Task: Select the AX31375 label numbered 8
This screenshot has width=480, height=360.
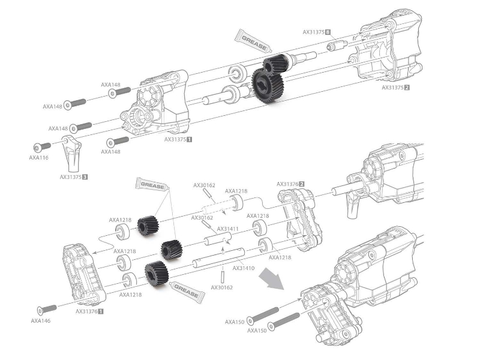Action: (x=317, y=32)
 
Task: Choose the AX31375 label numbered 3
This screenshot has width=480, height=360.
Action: (x=74, y=177)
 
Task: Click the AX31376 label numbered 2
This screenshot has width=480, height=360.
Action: (x=290, y=184)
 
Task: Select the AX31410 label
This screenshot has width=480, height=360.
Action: (x=243, y=268)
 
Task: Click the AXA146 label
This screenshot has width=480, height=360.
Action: (x=41, y=321)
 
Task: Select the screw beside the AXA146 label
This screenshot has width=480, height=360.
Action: (x=47, y=309)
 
